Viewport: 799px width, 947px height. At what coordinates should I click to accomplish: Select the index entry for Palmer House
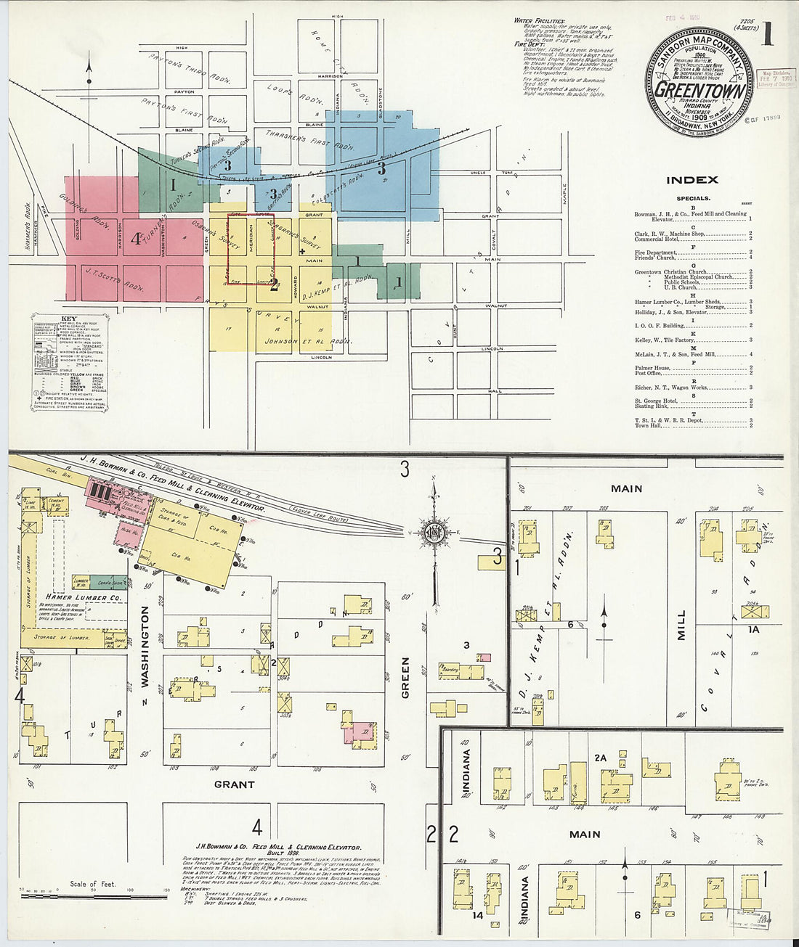653,368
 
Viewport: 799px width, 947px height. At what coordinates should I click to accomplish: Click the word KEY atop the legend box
69,319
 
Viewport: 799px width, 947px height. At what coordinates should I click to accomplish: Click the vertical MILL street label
681,625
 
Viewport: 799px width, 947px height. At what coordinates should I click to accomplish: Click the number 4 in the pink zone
135,238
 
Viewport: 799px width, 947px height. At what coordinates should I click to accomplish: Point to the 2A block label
600,758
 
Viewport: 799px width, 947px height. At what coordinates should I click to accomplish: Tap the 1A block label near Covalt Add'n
753,629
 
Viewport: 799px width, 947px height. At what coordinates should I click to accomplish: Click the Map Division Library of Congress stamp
776,78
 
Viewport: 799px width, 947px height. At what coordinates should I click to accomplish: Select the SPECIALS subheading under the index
693,198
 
